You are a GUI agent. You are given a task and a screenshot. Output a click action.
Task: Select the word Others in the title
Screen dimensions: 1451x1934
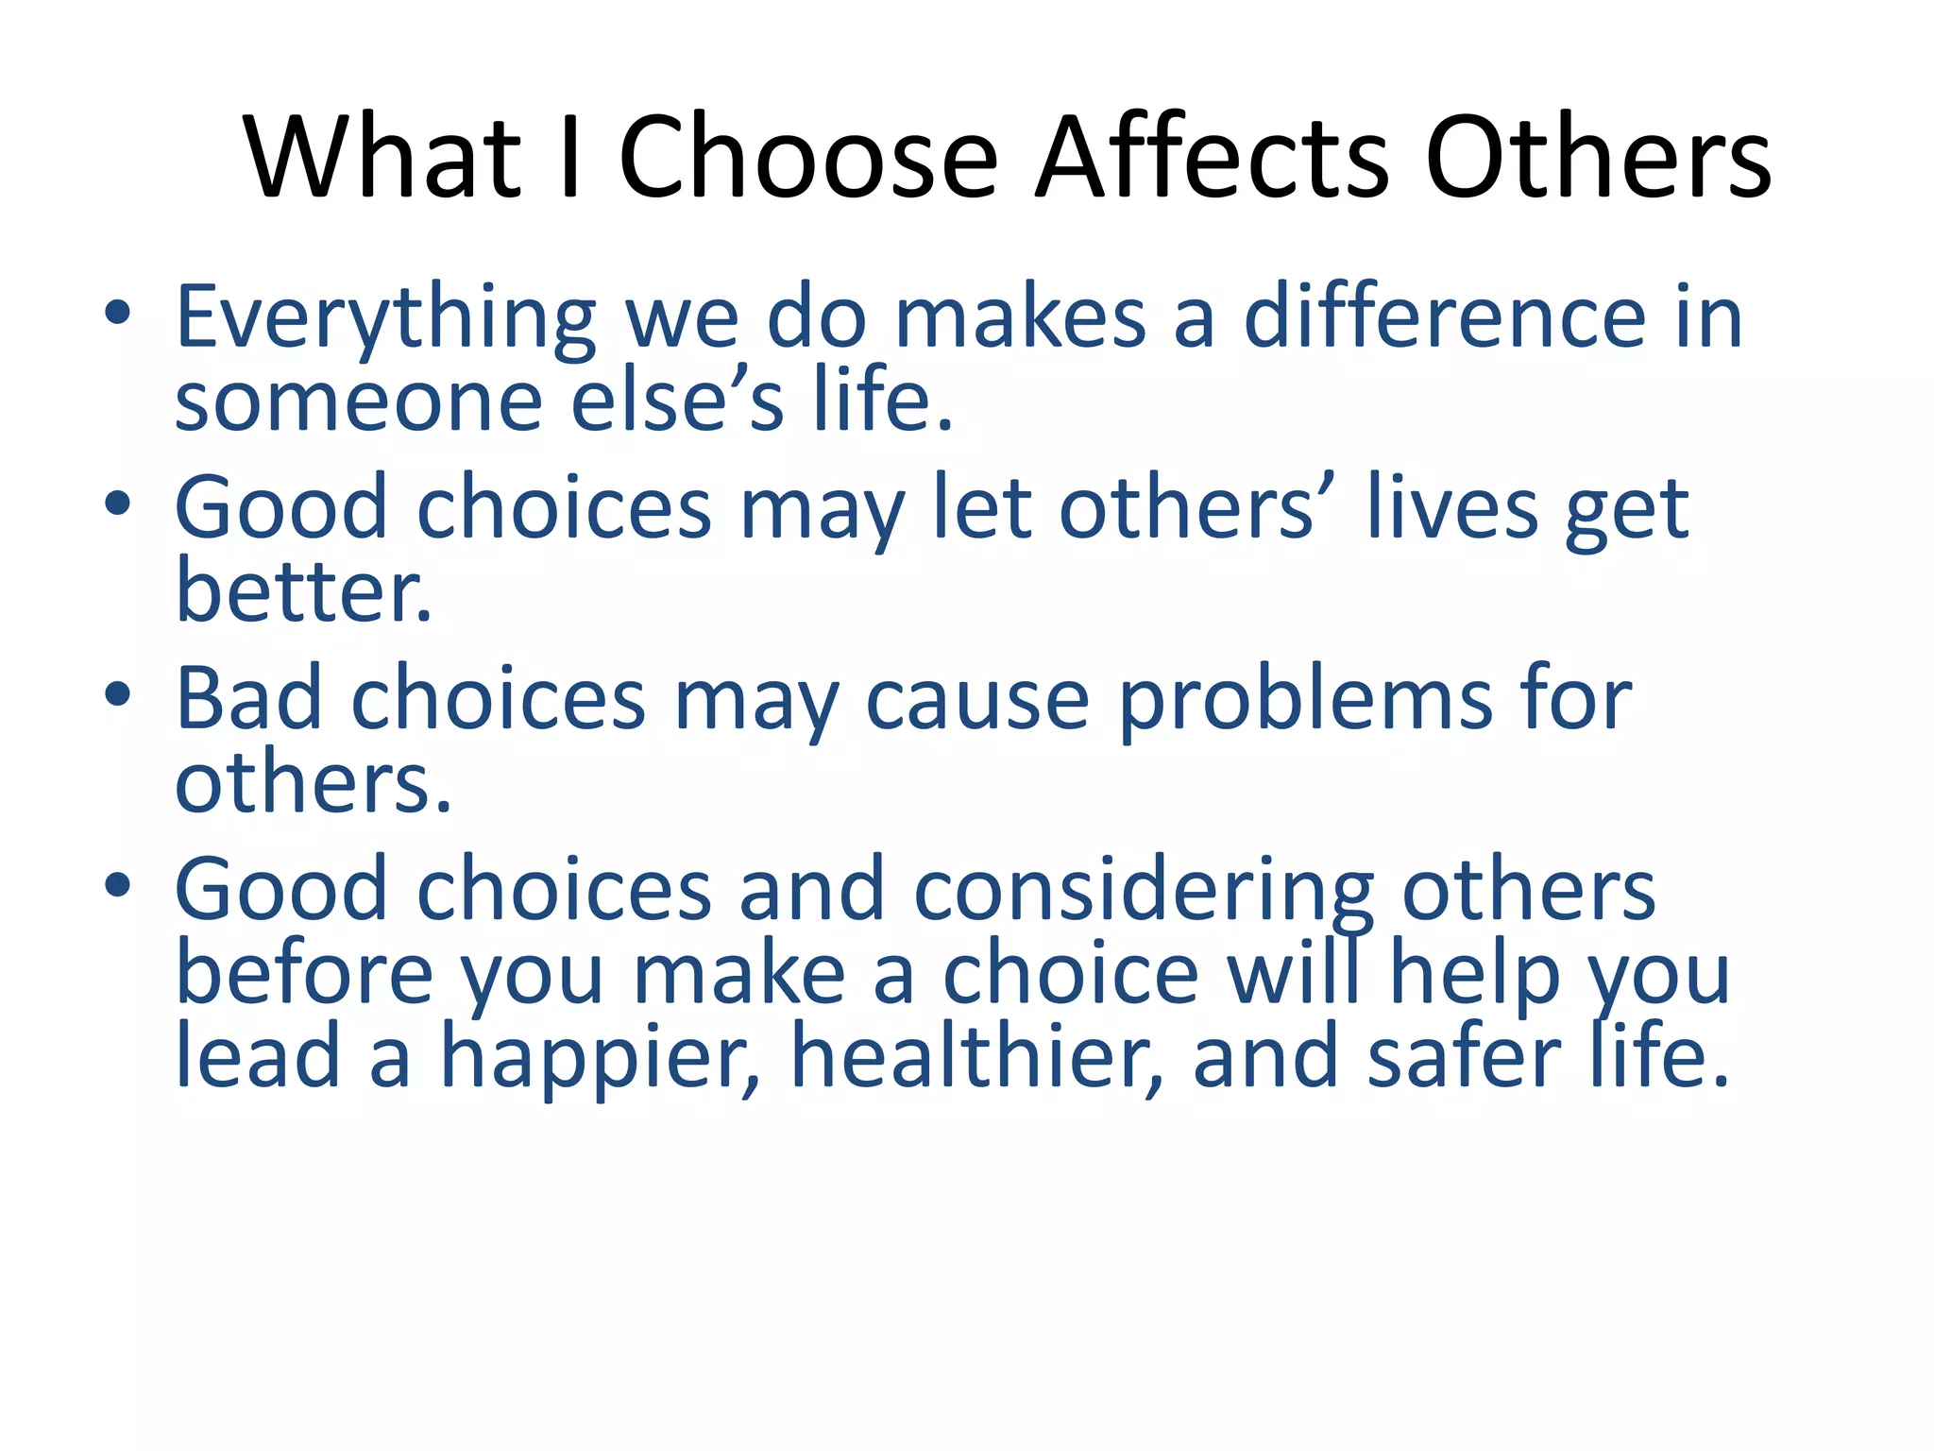pos(1598,157)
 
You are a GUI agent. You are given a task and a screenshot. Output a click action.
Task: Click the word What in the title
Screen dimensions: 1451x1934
pos(382,157)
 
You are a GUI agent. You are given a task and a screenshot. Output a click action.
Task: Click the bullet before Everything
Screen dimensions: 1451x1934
pos(117,314)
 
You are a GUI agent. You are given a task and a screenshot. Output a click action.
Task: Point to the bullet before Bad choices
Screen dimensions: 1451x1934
pos(117,695)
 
